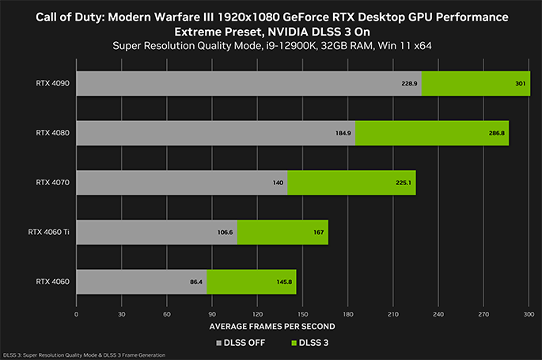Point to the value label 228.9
[x=409, y=83]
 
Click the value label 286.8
[x=497, y=133]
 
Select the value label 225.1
[x=404, y=182]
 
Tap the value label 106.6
[x=225, y=232]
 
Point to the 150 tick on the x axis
[x=303, y=313]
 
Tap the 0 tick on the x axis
[x=76, y=313]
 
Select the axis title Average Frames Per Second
[x=271, y=326]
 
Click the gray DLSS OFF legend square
[x=219, y=342]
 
